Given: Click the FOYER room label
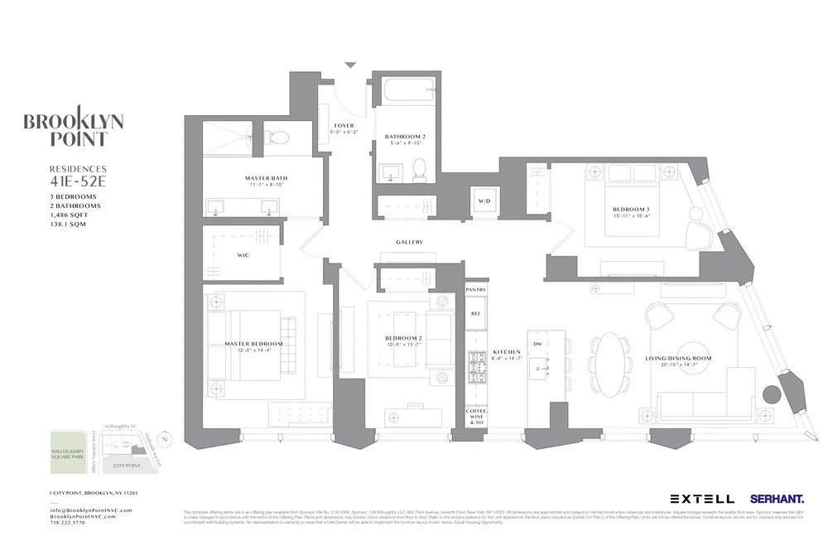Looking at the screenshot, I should click(343, 126).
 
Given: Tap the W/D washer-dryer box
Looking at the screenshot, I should click(484, 201).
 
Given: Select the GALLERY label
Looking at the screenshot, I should click(409, 242).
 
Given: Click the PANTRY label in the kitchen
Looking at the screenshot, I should click(475, 290).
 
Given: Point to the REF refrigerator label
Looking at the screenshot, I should click(475, 314).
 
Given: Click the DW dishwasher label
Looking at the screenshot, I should click(537, 344).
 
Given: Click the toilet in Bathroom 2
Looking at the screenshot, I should click(419, 168).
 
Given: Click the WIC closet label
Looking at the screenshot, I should click(243, 255).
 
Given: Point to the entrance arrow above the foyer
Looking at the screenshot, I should click(350, 65).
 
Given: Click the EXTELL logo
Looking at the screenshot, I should click(701, 499).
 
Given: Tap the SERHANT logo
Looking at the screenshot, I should click(777, 499).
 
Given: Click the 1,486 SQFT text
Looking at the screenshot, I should click(69, 215).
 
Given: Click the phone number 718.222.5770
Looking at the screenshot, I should click(73, 524).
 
